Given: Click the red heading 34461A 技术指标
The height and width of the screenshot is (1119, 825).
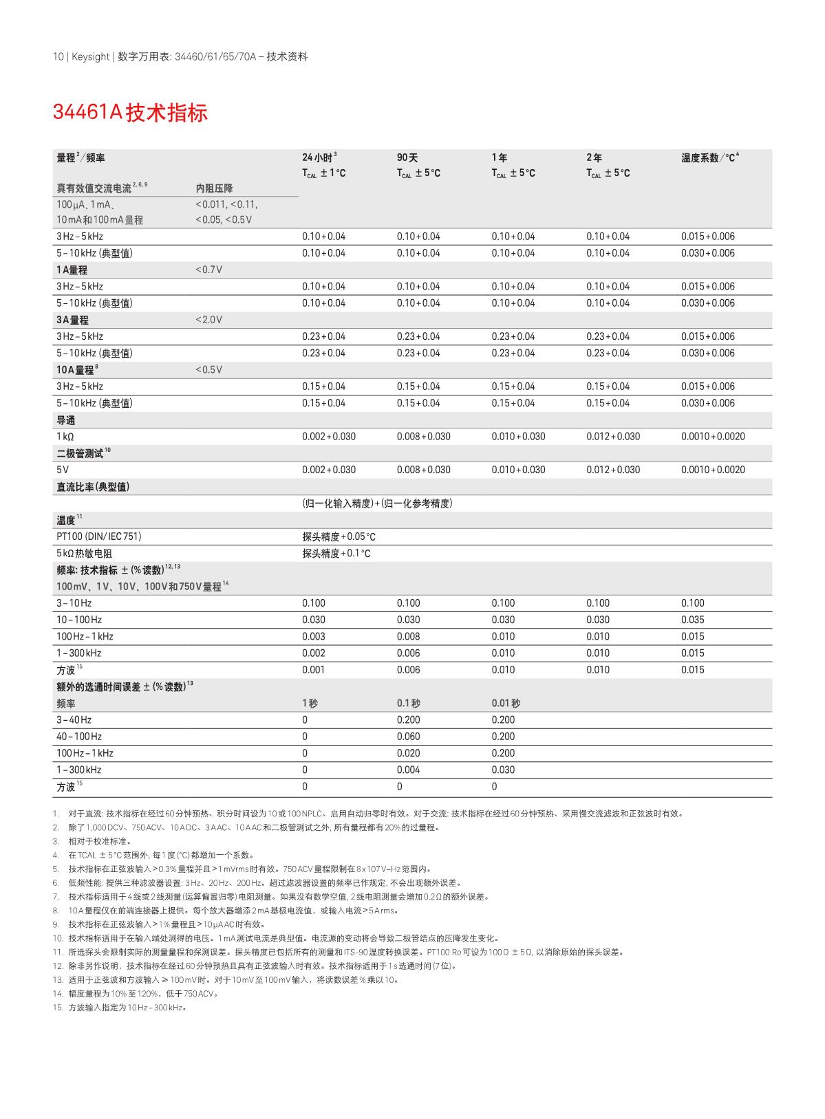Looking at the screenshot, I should coord(130,113).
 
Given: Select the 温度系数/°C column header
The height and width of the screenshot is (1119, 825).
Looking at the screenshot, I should coord(709,158).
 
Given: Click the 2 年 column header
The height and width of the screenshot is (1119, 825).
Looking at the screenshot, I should coord(594,158).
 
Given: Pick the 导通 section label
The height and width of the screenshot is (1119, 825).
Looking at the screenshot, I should coord(66,420).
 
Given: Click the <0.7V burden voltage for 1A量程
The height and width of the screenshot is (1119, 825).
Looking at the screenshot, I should coord(208,270).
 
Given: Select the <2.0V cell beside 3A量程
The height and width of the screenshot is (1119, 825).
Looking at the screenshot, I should coord(208,320).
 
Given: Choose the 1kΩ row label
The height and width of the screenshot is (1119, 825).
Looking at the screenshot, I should coord(65,437).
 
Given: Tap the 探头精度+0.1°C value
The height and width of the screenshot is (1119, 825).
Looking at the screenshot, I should coord(336,554).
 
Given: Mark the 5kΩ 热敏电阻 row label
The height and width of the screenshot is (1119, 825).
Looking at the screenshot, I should coord(84,554).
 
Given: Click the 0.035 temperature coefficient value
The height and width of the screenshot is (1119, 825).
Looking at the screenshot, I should coord(692,620).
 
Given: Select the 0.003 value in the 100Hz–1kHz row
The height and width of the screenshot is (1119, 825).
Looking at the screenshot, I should coord(314,636).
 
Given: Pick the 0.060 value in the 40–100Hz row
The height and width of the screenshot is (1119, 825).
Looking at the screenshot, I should coord(408,737).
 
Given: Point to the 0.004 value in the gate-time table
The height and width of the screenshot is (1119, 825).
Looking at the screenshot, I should coord(408,770).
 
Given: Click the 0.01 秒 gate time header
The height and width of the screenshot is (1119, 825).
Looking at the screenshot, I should coord(506,703).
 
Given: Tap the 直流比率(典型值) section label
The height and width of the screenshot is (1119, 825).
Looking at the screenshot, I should coord(93,487).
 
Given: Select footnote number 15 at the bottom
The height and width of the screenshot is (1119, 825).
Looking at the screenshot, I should coord(57,1008).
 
